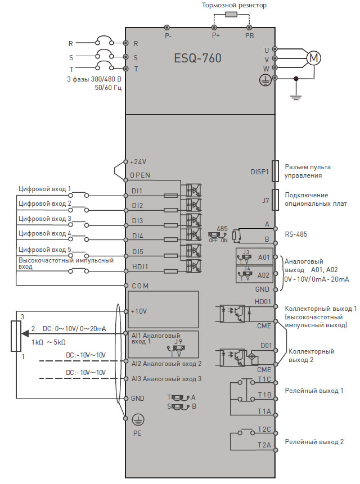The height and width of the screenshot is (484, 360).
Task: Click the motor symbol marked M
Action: pos(314,58)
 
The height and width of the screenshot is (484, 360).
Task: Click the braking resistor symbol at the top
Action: pos(231,14)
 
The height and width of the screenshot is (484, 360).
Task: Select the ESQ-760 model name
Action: pos(197,58)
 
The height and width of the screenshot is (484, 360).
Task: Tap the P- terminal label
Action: pos(168,36)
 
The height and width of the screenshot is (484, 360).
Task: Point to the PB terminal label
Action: pos(249,36)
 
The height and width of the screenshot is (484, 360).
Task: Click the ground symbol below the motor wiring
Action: pos(296,98)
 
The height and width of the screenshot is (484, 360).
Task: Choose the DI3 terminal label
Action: pos(137,221)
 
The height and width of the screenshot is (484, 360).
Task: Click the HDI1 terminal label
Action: pos(140,266)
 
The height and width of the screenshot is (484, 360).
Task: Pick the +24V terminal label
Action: pos(138,162)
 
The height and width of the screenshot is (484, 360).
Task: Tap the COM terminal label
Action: pos(140,286)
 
